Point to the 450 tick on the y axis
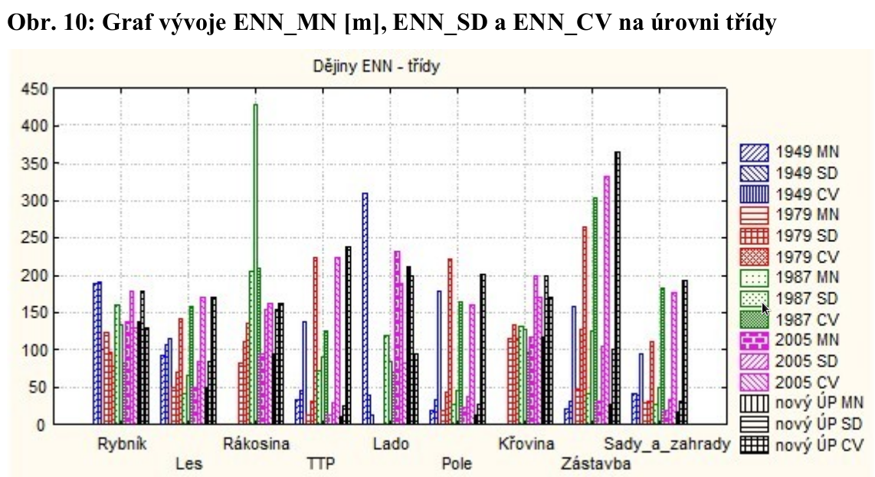[36, 89]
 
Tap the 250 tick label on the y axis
[36, 238]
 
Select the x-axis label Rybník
[122, 444]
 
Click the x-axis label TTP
[320, 464]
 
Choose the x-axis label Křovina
[526, 444]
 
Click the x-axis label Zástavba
[595, 464]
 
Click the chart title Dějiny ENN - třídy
[375, 66]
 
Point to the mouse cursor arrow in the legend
[765, 308]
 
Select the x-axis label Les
[188, 464]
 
